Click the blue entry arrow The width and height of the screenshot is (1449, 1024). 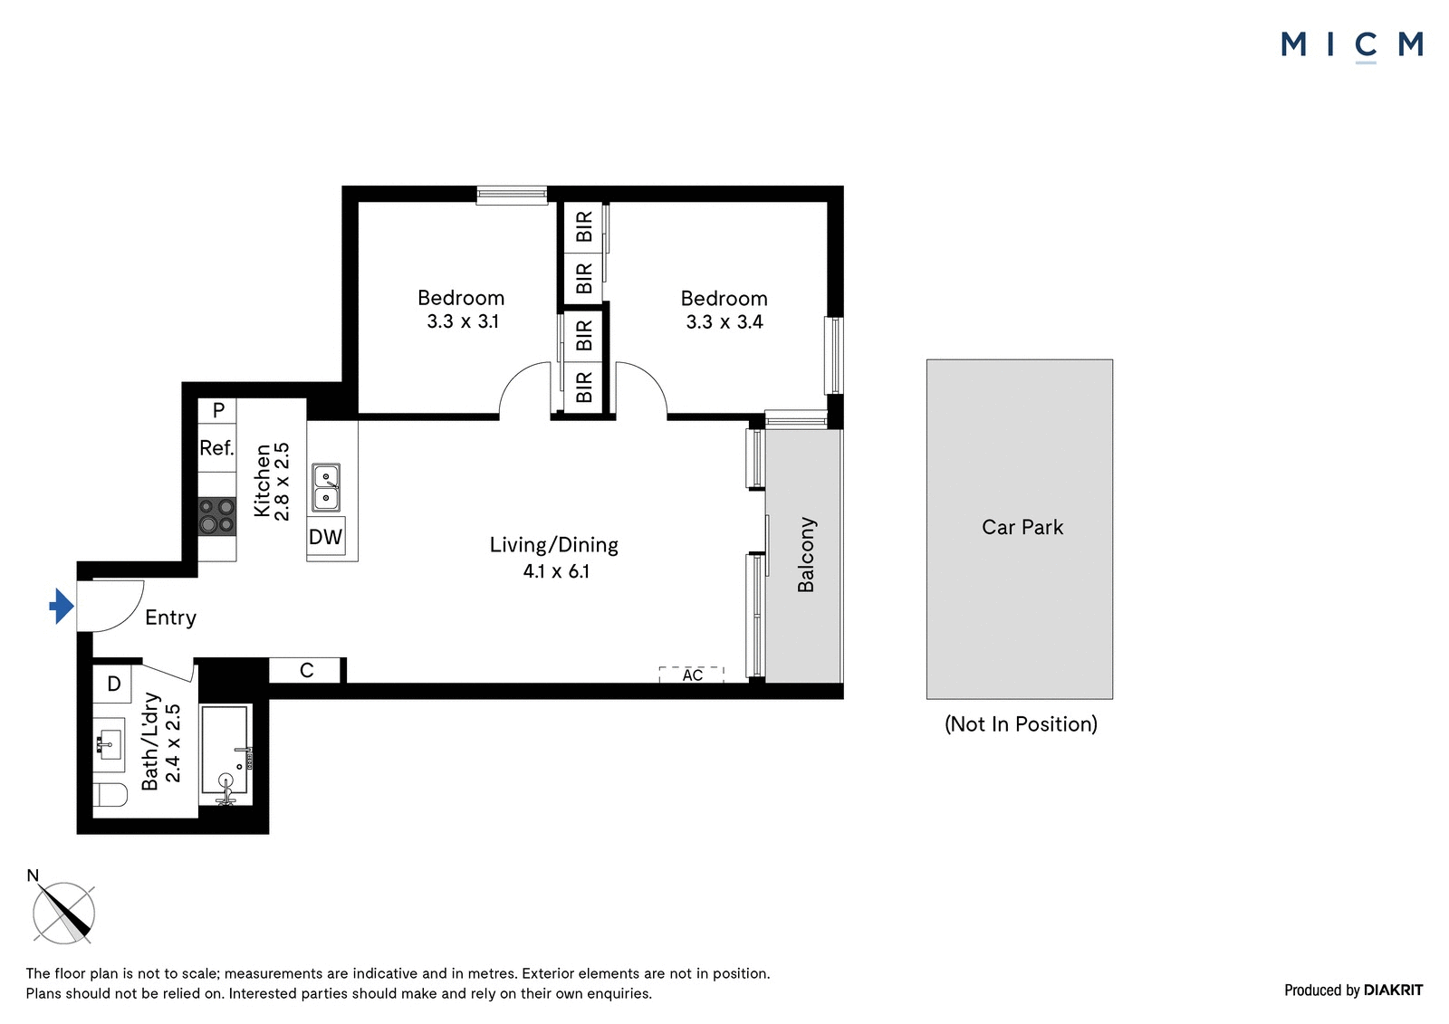[62, 606]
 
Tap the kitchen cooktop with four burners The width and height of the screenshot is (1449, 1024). [216, 515]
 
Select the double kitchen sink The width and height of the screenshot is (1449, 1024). [326, 488]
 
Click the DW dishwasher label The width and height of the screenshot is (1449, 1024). [325, 536]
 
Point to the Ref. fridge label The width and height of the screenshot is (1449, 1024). [216, 447]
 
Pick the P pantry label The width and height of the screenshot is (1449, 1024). [218, 409]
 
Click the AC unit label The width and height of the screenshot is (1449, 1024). [692, 675]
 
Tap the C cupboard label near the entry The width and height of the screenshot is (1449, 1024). [307, 670]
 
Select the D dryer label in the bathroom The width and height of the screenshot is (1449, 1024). [114, 683]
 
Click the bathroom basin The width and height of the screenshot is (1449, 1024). [110, 744]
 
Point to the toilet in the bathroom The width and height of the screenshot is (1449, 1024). [110, 795]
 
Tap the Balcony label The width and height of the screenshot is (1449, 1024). [806, 554]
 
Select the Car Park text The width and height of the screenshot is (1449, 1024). [1022, 527]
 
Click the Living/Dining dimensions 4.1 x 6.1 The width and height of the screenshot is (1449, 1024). [556, 571]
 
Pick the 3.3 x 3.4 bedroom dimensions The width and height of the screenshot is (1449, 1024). [724, 321]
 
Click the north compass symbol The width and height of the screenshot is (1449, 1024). [63, 913]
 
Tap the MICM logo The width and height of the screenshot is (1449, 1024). [1352, 45]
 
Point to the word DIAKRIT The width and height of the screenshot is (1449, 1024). [1393, 990]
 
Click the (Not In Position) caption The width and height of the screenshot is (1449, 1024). [1021, 723]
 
